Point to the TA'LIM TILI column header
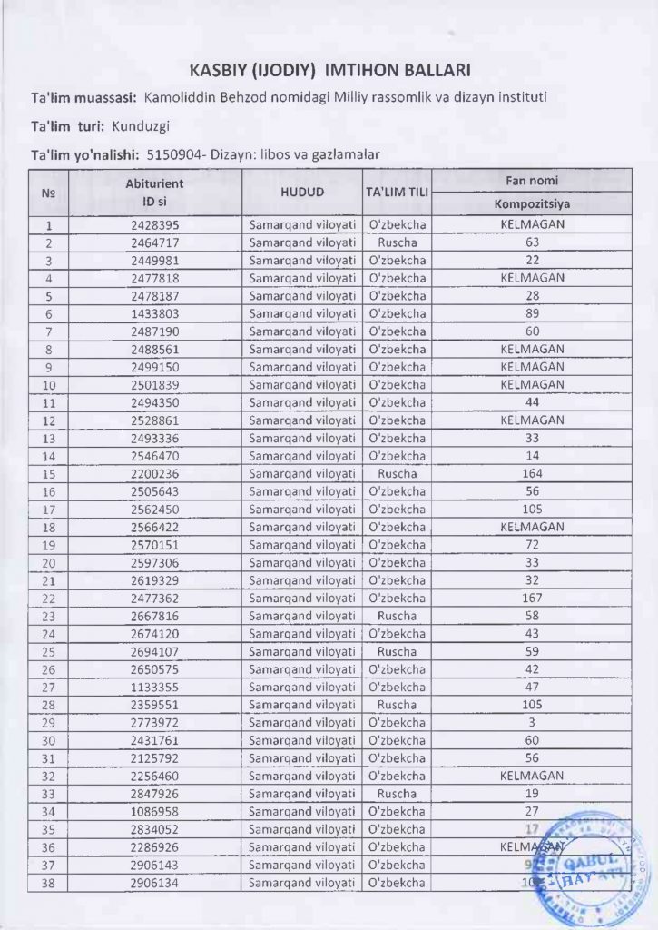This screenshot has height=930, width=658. coord(397,193)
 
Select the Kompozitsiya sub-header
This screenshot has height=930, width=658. coord(532,203)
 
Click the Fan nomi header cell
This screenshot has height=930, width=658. coord(532,180)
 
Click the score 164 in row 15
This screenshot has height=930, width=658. coord(532,474)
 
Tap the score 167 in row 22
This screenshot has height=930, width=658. coord(532,598)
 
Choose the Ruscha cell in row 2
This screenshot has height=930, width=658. coord(397,243)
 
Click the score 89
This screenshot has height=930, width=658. coord(532,314)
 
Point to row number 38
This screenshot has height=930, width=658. coord(49,882)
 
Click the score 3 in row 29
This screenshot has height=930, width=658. coord(532,722)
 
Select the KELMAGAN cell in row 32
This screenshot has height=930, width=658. coord(532,776)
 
